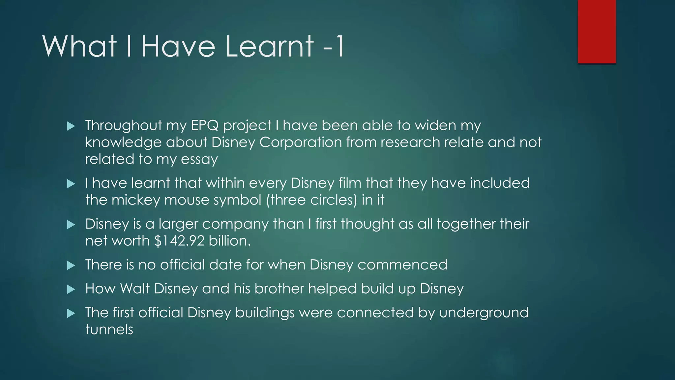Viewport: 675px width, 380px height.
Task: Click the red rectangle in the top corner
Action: [597, 31]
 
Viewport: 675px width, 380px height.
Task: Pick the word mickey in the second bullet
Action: [135, 200]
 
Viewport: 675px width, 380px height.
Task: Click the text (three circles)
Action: [311, 200]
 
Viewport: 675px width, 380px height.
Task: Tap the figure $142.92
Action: [179, 241]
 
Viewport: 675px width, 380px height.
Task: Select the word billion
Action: [230, 241]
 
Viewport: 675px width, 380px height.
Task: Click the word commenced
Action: [402, 265]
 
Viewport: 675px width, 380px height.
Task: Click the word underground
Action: [484, 313]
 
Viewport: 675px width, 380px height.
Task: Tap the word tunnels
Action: [109, 330]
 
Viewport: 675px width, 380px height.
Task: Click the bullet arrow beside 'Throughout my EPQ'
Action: [71, 126]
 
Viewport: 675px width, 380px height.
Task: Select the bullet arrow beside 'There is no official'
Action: [71, 266]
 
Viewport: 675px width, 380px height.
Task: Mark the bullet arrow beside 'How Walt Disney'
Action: [71, 290]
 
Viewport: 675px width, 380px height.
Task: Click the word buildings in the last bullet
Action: [265, 313]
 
